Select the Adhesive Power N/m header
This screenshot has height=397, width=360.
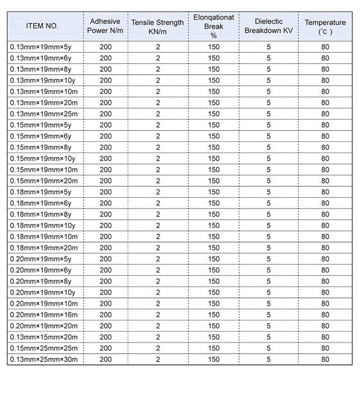click(x=105, y=26)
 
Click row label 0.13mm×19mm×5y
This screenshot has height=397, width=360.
click(x=40, y=47)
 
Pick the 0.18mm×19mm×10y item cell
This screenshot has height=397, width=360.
click(x=42, y=226)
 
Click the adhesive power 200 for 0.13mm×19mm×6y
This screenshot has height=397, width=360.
click(x=105, y=59)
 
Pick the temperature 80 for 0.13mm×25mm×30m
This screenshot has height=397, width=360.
click(x=325, y=360)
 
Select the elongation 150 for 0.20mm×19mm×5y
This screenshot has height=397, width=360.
click(x=214, y=260)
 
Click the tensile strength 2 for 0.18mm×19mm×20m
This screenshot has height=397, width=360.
click(x=158, y=248)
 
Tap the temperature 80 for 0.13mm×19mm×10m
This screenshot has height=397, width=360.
click(x=325, y=92)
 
